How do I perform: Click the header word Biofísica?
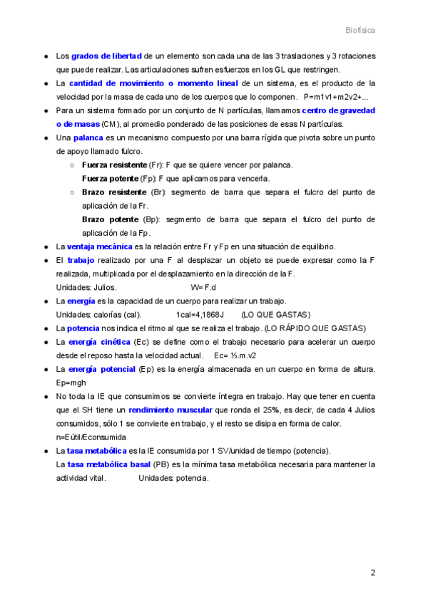point(360,31)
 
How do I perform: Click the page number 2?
point(372,573)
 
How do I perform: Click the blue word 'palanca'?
point(88,137)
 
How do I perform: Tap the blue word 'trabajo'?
point(81,260)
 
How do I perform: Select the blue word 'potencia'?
point(83,328)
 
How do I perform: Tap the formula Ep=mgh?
point(71,382)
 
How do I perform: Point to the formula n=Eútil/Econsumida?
point(91,437)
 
